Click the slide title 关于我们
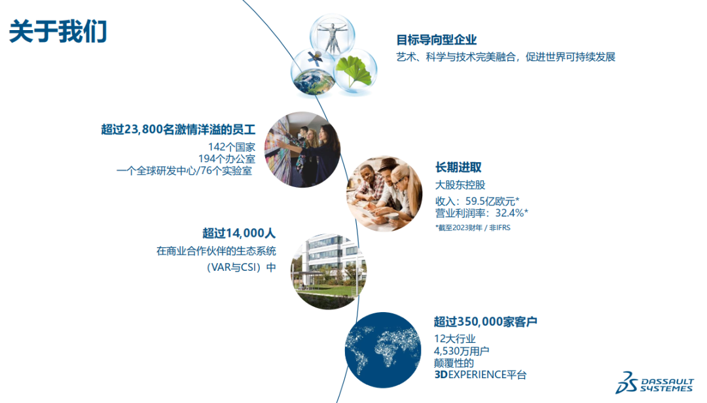click(x=58, y=31)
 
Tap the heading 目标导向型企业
click(x=436, y=40)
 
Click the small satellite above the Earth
click(x=315, y=58)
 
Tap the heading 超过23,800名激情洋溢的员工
click(x=178, y=130)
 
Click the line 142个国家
click(x=231, y=147)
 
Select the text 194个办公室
click(x=227, y=159)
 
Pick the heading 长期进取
click(x=458, y=167)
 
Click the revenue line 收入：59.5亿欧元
click(x=477, y=201)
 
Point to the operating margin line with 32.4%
click(x=482, y=213)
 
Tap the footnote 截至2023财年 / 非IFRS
click(x=473, y=228)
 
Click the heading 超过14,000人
click(x=238, y=233)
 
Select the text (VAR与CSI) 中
click(x=241, y=268)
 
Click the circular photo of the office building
click(x=328, y=272)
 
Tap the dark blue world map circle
click(x=383, y=350)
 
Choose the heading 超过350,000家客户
click(x=485, y=321)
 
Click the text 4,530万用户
click(x=462, y=351)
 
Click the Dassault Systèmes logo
click(x=654, y=383)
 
